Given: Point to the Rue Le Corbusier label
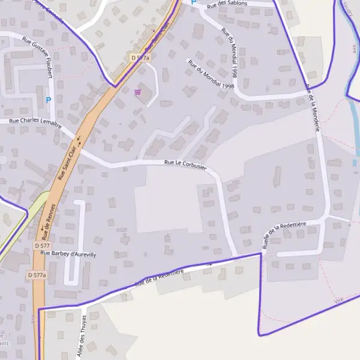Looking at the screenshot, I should pyautogui.click(x=185, y=165).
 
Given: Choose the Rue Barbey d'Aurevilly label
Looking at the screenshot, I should pyautogui.click(x=68, y=254).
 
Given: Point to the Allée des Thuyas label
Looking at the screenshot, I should pyautogui.click(x=81, y=337).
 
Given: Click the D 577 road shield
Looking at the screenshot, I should pyautogui.click(x=42, y=245).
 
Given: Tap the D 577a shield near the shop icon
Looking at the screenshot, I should pyautogui.click(x=139, y=57).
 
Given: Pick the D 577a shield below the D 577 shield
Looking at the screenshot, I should pyautogui.click(x=37, y=275).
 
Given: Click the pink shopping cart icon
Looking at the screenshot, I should pyautogui.click(x=139, y=92).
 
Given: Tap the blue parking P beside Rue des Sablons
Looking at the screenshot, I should pyautogui.click(x=193, y=2).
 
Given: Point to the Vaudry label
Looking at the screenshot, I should pyautogui.click(x=348, y=9).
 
